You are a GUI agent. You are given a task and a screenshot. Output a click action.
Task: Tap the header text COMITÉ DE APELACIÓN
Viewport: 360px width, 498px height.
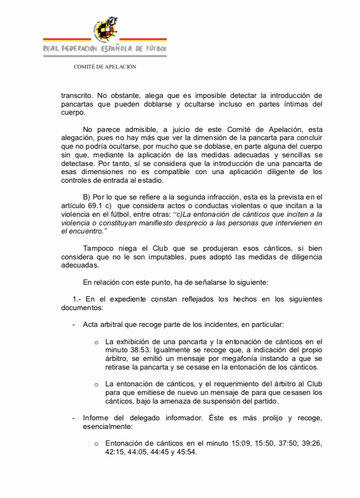point(105,67)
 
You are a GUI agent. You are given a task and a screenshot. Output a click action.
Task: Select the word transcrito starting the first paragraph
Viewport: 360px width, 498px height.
point(76,95)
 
